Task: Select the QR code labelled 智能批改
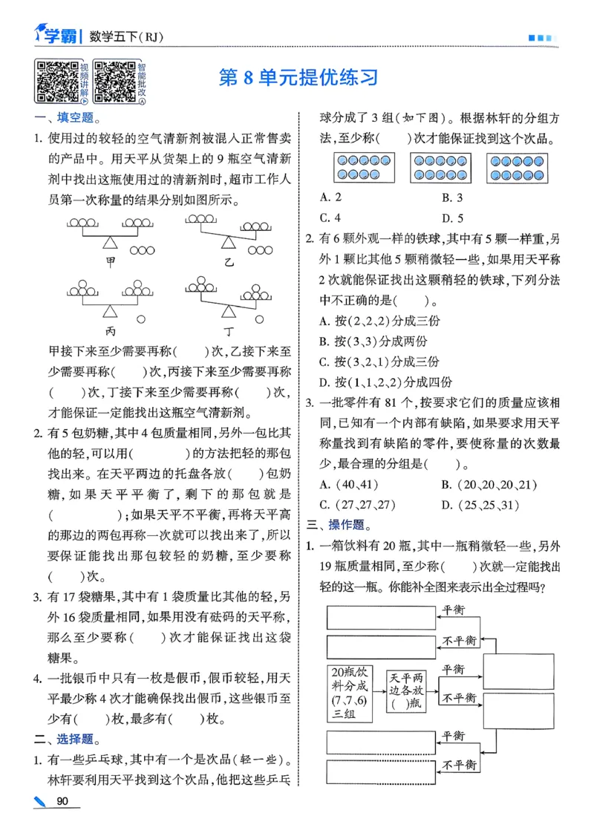point(115,81)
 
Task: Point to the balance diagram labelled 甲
point(110,234)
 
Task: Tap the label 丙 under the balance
point(110,327)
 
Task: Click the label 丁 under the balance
point(227,328)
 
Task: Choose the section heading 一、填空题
point(67,117)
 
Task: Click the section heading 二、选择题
point(67,739)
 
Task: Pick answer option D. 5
point(452,218)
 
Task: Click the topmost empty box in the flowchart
point(380,617)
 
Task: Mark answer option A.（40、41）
point(348,485)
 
